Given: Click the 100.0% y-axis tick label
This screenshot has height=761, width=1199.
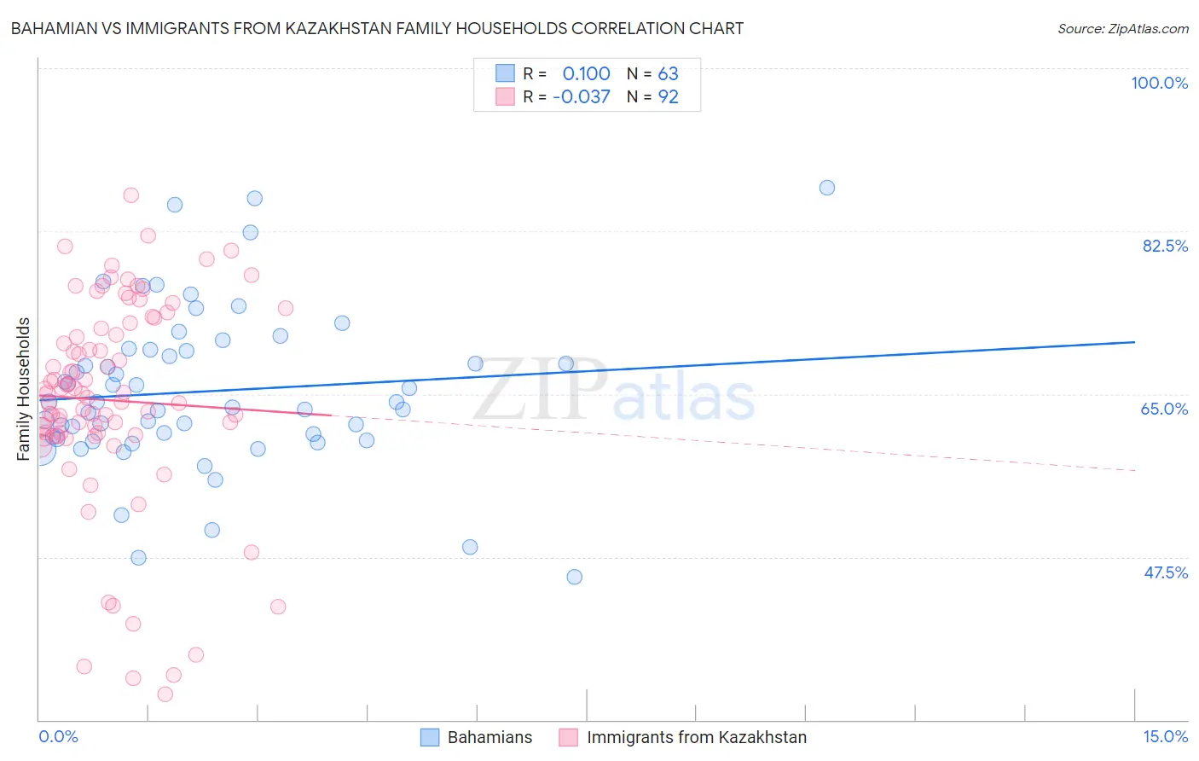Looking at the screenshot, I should coord(1159,83).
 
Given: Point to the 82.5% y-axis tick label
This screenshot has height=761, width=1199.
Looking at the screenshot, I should coord(1165,246).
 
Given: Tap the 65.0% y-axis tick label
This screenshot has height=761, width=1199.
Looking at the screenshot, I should coord(1164,409).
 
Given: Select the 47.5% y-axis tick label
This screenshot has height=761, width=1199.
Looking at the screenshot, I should coord(1165,572).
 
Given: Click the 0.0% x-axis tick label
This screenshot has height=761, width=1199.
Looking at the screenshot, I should coord(58,736).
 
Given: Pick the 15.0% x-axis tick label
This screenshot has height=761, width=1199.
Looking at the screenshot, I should coord(1165,736).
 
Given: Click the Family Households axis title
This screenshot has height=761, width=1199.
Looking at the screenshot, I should coord(24,389).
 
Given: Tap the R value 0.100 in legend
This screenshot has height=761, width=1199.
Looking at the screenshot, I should coord(586,73).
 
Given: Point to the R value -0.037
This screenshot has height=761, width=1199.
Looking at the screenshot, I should coord(581,96).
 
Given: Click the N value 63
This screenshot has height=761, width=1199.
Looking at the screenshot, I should coord(668,73).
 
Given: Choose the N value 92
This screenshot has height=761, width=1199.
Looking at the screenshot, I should coord(668,96).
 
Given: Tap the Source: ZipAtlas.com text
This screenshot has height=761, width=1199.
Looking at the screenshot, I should coord(1122,28).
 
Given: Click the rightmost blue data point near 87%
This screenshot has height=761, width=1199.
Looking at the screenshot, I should coord(826,188).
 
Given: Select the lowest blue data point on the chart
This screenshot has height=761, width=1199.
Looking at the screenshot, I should coord(574,577).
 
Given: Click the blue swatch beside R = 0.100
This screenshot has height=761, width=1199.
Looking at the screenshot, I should coord(505,73).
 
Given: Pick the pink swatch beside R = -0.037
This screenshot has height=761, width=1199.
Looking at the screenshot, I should coord(505,96).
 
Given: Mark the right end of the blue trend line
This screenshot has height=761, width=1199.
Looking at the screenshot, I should coord(1134,342).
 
